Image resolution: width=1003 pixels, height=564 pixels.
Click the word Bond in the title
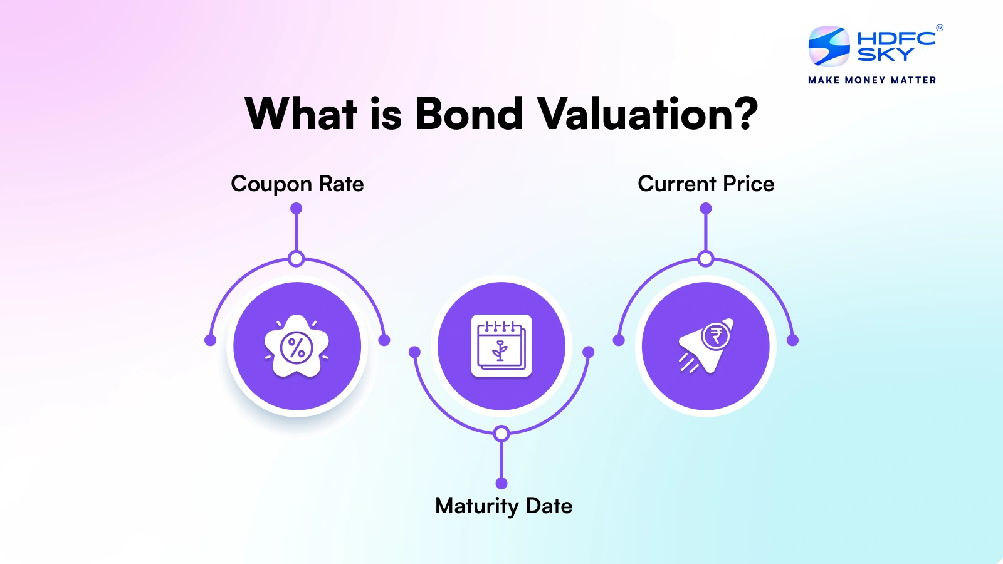(469, 114)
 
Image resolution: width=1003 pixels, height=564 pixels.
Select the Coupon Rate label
(297, 184)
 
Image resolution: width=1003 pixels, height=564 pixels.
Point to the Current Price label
(706, 184)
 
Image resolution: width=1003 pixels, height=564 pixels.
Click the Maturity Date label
(503, 506)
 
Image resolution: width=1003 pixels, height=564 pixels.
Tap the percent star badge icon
(297, 347)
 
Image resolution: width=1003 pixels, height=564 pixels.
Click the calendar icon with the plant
(501, 346)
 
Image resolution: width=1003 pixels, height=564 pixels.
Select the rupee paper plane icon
(705, 347)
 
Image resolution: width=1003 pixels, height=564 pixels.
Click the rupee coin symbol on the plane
(716, 337)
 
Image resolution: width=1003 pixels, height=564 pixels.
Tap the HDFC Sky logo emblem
(829, 46)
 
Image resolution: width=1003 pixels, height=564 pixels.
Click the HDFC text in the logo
(896, 38)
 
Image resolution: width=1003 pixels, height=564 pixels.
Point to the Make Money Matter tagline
(872, 80)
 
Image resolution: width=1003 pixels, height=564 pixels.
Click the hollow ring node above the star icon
(297, 258)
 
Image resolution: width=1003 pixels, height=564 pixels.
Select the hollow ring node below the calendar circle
(501, 433)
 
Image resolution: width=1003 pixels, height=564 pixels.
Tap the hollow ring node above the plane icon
(706, 258)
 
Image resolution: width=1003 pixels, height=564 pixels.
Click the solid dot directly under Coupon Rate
(297, 208)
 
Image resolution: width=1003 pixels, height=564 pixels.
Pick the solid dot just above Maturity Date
(501, 483)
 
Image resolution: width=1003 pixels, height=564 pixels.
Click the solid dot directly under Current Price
(706, 208)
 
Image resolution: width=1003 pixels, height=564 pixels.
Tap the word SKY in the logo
(885, 55)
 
